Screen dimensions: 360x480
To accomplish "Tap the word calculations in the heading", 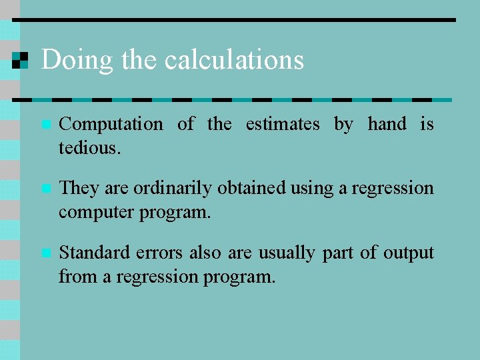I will (x=234, y=60).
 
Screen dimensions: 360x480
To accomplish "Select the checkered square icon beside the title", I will (x=21, y=60).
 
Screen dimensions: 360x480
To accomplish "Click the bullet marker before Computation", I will (x=45, y=125).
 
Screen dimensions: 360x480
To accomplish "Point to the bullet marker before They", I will (x=45, y=189).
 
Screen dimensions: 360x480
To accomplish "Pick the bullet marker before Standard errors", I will (x=45, y=253).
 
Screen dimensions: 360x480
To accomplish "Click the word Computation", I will (x=111, y=125).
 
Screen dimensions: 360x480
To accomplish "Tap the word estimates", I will (x=283, y=125).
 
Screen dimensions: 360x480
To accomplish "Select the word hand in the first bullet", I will (x=387, y=124).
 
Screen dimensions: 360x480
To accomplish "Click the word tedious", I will (x=90, y=148).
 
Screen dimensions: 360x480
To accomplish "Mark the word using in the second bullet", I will (x=312, y=189).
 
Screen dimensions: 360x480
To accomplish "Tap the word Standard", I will (x=94, y=253).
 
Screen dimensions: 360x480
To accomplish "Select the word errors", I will (x=159, y=253).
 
